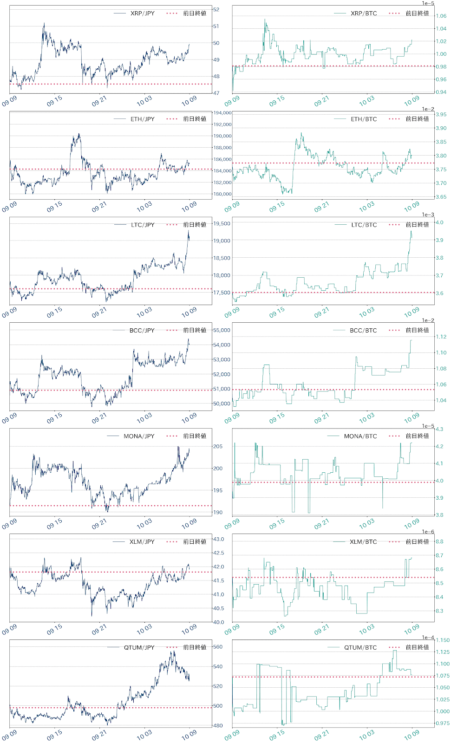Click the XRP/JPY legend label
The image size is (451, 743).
[142, 13]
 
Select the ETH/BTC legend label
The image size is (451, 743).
[364, 119]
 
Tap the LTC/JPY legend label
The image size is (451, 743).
[143, 225]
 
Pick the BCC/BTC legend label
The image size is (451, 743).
[363, 331]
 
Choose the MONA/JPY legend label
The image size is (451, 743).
[139, 436]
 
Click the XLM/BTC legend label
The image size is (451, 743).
[363, 542]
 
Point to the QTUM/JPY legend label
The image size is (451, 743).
[139, 647]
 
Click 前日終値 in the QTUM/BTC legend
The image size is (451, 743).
[417, 647]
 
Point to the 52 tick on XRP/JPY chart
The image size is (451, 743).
[216, 9]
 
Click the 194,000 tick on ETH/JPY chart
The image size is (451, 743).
[222, 113]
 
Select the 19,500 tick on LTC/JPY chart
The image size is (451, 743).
[222, 223]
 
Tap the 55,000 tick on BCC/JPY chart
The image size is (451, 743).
[222, 330]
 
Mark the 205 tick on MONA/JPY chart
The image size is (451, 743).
[217, 446]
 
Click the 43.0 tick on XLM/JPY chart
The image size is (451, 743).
[218, 539]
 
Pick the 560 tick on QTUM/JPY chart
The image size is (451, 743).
[217, 646]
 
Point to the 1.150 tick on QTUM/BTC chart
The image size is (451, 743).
[443, 640]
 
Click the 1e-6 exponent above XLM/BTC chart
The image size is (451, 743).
[428, 532]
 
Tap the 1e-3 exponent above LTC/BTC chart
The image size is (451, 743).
[428, 215]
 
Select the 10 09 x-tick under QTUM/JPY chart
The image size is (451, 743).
[189, 736]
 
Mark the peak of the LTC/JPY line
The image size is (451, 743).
[188, 231]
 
